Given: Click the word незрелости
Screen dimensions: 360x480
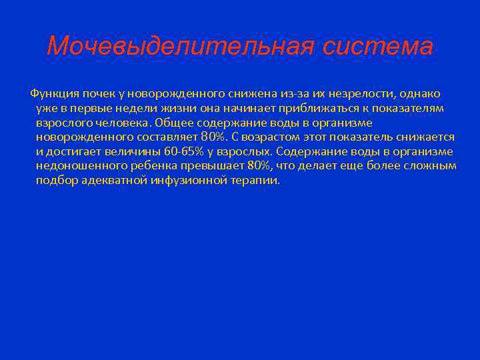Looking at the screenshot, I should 359,93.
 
